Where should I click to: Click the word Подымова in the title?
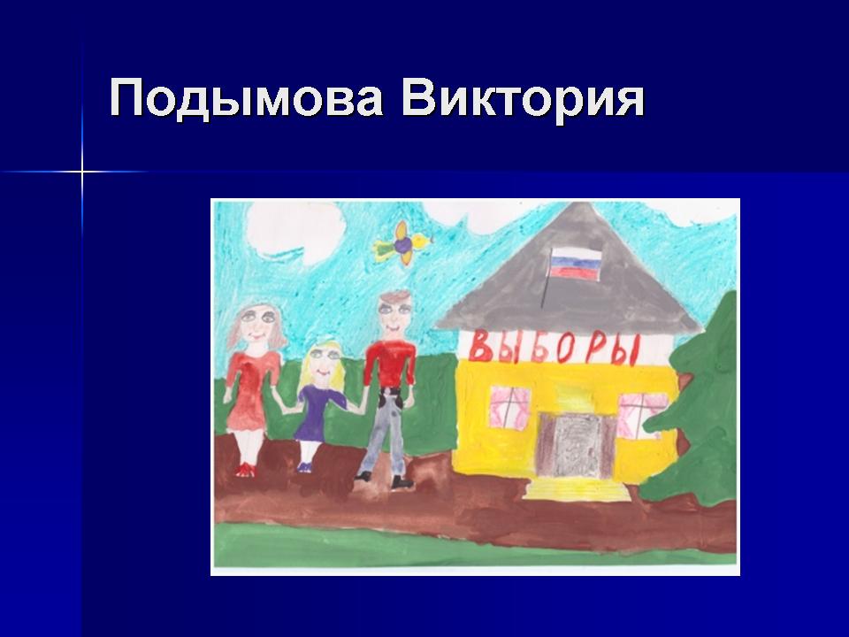point(247,97)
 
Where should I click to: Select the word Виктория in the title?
point(523,97)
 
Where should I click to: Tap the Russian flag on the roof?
point(576,265)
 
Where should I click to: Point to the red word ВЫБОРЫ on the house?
point(555,348)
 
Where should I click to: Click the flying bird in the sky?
point(403,243)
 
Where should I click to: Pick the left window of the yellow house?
point(510,408)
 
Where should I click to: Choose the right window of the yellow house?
point(641,415)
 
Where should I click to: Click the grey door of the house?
point(576,445)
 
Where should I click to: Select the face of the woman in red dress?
point(256,324)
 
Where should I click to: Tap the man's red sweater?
point(390,363)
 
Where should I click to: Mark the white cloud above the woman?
point(295,230)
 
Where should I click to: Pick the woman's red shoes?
point(245,469)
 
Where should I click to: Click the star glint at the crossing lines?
point(82,173)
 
